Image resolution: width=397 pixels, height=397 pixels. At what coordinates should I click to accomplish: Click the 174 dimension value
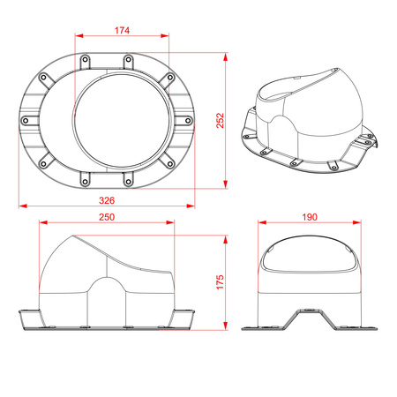[122, 30]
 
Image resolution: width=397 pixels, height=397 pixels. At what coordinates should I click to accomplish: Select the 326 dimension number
[107, 200]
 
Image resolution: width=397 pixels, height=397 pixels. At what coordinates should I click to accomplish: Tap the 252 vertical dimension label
[220, 121]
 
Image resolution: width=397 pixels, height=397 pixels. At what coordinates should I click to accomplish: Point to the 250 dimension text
[107, 217]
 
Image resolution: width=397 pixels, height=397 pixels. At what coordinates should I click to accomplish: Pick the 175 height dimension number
[220, 282]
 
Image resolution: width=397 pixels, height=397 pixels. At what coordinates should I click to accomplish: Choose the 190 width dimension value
[310, 217]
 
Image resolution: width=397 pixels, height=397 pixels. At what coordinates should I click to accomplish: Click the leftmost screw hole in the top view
[26, 120]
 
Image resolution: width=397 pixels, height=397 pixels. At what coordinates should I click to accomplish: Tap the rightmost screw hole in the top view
[188, 120]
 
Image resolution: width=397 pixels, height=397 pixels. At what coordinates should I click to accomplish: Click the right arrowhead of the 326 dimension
[191, 206]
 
